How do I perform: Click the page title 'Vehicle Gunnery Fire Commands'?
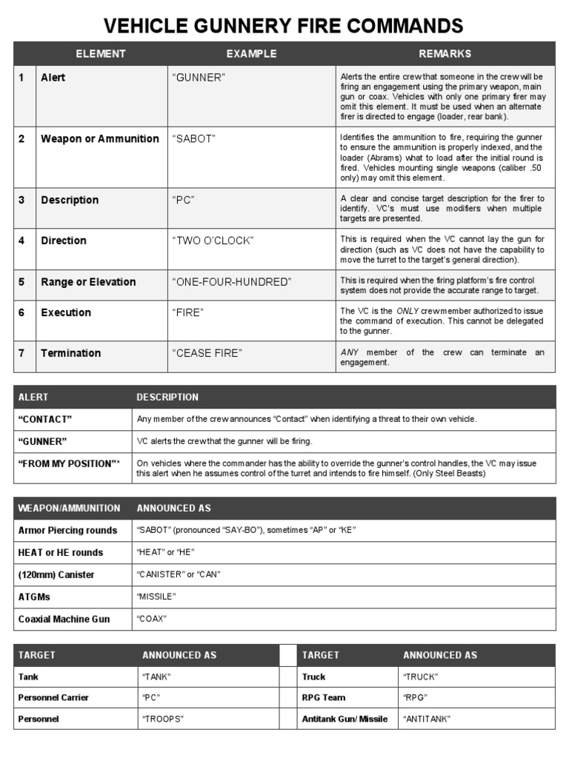tap(284, 27)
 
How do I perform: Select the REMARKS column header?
tap(445, 54)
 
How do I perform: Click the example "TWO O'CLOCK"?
tap(213, 241)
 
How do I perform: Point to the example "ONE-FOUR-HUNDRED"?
tap(232, 282)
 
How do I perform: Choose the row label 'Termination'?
tap(71, 353)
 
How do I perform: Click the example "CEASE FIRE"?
tap(207, 353)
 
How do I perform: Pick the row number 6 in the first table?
tap(22, 313)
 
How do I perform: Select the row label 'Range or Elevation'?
tap(88, 282)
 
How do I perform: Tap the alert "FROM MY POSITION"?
tap(67, 463)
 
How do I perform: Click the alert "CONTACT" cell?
tap(45, 420)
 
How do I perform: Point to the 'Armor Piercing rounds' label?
tap(67, 531)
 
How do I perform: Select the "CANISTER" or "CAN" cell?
tap(179, 575)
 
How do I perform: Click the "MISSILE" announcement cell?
tap(157, 597)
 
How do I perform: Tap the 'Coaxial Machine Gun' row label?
tap(64, 619)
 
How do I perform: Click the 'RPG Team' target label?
tap(324, 697)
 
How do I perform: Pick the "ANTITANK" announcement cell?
tap(427, 719)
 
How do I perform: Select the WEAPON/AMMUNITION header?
tap(69, 509)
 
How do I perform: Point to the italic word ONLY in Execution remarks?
tap(407, 312)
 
